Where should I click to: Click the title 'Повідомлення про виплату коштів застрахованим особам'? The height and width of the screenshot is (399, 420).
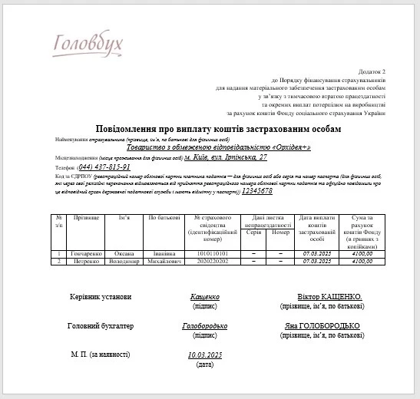pos(218,129)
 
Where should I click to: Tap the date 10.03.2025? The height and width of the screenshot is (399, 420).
pos(205,355)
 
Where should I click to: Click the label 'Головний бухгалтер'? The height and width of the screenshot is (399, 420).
pos(101,326)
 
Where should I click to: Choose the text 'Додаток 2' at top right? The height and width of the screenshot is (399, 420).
pos(381,71)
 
